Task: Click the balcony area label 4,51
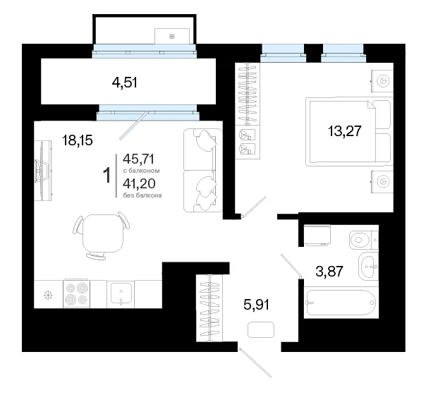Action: pyautogui.click(x=124, y=83)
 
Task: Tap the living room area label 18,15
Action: pyautogui.click(x=78, y=140)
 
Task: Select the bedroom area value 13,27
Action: pyautogui.click(x=345, y=131)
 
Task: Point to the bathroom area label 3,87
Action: pyautogui.click(x=329, y=271)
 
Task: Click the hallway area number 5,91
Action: pyautogui.click(x=257, y=305)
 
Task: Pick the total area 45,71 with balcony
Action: pyautogui.click(x=138, y=159)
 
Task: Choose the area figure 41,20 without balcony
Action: pyautogui.click(x=139, y=183)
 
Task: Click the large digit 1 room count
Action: pyautogui.click(x=108, y=175)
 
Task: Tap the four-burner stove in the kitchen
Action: pyautogui.click(x=77, y=294)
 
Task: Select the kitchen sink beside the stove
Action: pyautogui.click(x=121, y=294)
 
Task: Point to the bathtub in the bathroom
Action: pyautogui.click(x=341, y=302)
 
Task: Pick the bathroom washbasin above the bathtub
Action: pyautogui.click(x=368, y=266)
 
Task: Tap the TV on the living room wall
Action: pyautogui.click(x=42, y=171)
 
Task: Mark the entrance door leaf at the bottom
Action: pyautogui.click(x=255, y=363)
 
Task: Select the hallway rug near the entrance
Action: pyautogui.click(x=261, y=329)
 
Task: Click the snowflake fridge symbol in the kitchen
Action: pyautogui.click(x=49, y=295)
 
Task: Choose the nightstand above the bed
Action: pyautogui.click(x=382, y=81)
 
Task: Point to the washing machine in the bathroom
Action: pyautogui.click(x=317, y=236)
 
